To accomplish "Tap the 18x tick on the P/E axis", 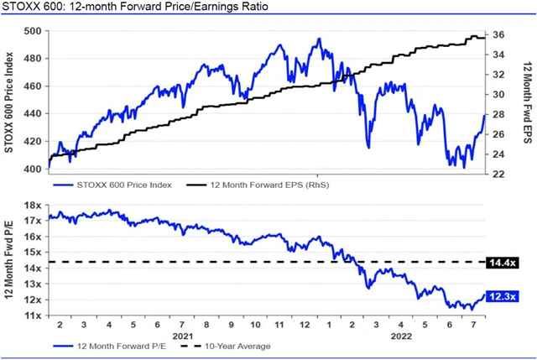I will click(x=34, y=205).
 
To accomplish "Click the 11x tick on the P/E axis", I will click(x=34, y=316).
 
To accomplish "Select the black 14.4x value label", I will click(x=500, y=263).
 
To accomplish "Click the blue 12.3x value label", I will click(x=500, y=295).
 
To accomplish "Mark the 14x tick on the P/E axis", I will click(x=34, y=268).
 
